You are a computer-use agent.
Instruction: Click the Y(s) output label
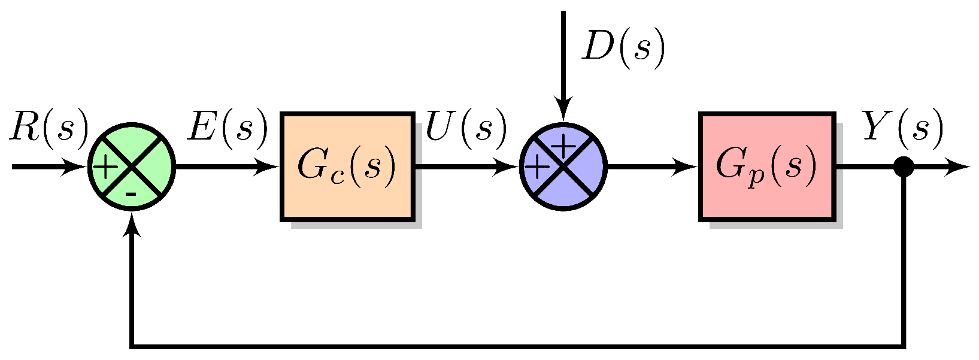902,128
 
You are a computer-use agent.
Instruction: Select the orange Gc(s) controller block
347,167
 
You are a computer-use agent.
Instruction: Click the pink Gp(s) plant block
766,167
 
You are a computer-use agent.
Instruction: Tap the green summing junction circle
132,167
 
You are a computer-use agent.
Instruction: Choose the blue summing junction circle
563,167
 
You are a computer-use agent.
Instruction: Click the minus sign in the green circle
132,194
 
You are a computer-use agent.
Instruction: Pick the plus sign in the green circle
106,168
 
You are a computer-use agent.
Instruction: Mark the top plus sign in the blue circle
562,145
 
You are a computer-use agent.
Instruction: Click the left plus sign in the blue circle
537,168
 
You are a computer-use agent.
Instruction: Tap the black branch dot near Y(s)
903,167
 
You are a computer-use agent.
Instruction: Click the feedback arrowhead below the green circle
132,225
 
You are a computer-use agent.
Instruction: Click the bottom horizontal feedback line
515,346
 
